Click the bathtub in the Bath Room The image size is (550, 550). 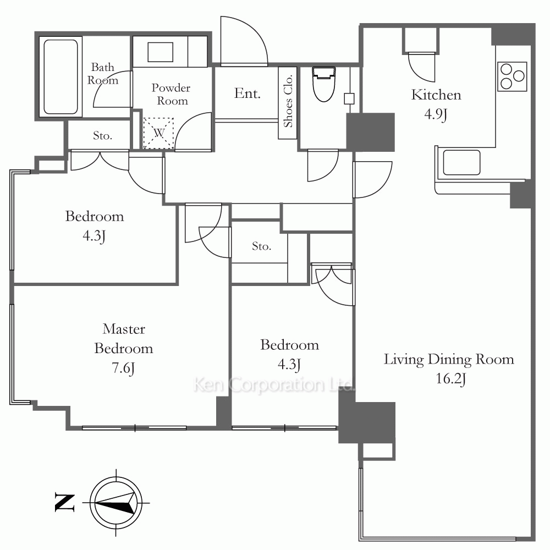(61, 76)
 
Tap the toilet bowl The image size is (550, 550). (324, 84)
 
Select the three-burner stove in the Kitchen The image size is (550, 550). (512, 76)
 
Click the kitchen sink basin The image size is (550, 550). (461, 162)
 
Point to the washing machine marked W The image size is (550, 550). (158, 133)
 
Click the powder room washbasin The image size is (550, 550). (160, 52)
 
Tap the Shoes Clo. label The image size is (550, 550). (288, 101)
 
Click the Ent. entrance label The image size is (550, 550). (248, 94)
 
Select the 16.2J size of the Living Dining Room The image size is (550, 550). (450, 379)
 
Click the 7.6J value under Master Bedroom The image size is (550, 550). (123, 368)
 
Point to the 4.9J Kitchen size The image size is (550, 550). (436, 114)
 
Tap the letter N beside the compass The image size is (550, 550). (65, 502)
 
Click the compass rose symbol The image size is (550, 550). (116, 502)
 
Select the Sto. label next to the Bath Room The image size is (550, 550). (102, 135)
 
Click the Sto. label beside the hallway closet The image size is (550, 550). (261, 246)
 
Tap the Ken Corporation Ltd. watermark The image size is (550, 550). (273, 384)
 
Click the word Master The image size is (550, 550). (124, 329)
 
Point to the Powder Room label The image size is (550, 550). (171, 94)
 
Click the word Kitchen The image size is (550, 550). (436, 95)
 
